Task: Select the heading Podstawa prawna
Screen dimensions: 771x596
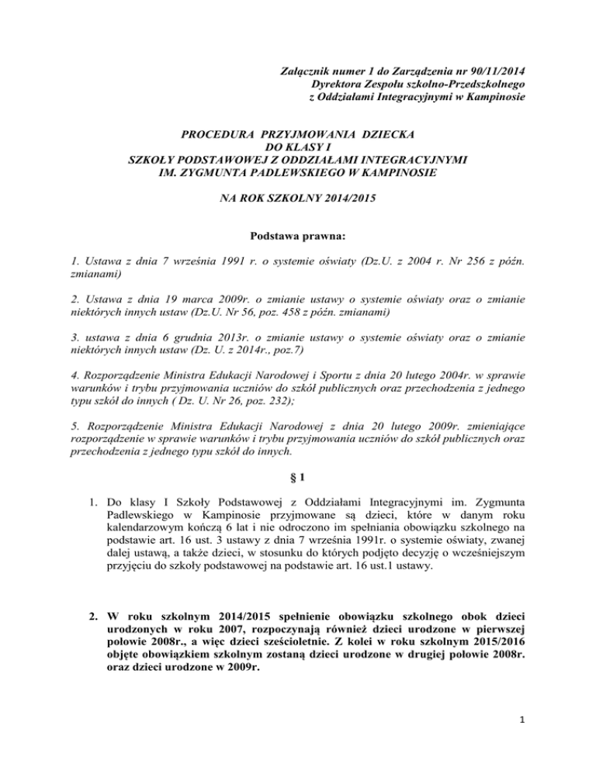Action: [298, 235]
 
